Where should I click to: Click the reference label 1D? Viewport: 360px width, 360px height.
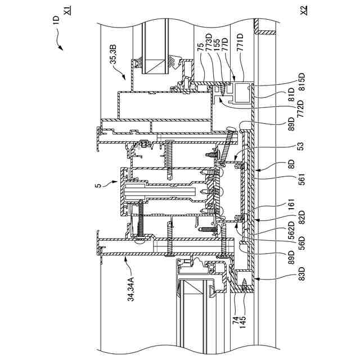tap(56, 20)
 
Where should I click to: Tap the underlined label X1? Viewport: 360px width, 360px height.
tap(68, 11)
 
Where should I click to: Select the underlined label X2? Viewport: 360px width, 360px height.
tap(304, 10)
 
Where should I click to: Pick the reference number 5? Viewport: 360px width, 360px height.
tap(98, 185)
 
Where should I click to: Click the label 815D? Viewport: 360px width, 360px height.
tap(301, 83)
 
